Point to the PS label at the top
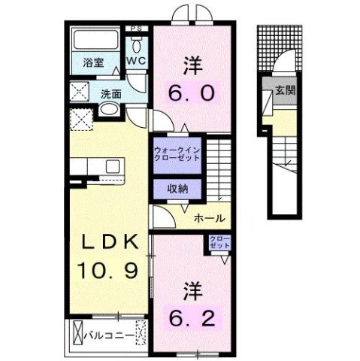click(x=136, y=31)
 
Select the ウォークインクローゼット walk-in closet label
click(x=177, y=153)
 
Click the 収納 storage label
click(x=177, y=189)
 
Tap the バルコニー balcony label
click(x=110, y=332)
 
